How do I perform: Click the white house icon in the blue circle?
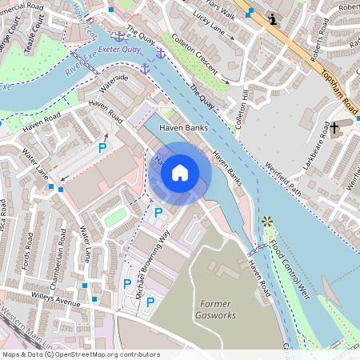180,172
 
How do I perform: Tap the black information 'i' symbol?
273,18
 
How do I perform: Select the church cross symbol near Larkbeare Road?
335,129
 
